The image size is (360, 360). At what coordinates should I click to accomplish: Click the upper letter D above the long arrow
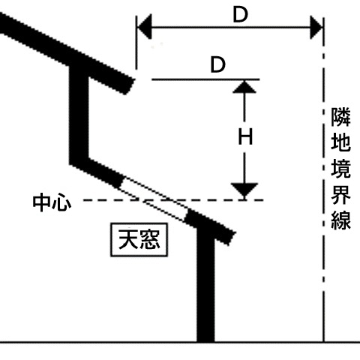click(x=240, y=15)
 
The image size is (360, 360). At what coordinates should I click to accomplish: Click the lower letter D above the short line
click(x=218, y=64)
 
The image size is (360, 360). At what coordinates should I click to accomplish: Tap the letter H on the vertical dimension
click(x=245, y=136)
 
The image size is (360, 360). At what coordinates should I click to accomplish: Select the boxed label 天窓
click(x=139, y=239)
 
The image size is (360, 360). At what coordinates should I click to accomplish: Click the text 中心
click(x=52, y=202)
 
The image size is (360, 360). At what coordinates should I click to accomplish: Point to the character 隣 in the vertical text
click(x=340, y=117)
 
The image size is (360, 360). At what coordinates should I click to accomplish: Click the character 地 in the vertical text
click(x=340, y=142)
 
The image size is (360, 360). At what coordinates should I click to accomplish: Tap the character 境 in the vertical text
click(x=340, y=169)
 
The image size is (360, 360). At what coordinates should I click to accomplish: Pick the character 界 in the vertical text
click(x=340, y=194)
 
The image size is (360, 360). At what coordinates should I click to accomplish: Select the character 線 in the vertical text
click(x=340, y=220)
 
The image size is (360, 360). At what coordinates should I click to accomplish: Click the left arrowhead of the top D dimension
click(x=145, y=27)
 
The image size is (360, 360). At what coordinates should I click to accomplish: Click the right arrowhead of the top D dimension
click(x=316, y=27)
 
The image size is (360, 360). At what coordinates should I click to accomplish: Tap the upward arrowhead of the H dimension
click(x=244, y=87)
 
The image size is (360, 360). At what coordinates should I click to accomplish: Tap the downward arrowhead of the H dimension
click(x=244, y=190)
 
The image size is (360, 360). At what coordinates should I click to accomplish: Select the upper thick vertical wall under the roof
click(x=79, y=115)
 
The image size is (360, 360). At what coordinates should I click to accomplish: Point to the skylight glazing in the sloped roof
click(x=154, y=198)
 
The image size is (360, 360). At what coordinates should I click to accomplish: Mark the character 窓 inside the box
click(x=150, y=239)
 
